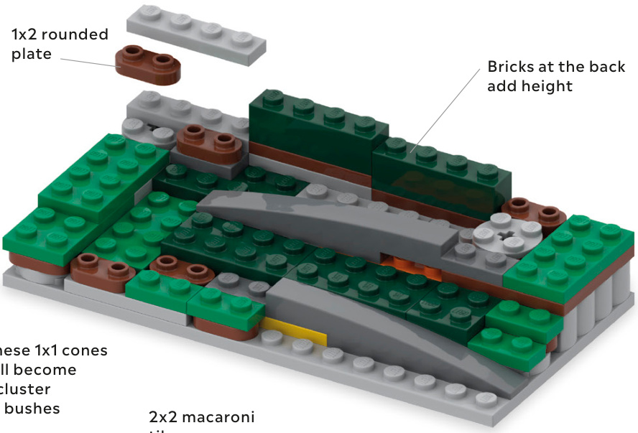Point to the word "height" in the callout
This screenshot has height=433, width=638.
549,86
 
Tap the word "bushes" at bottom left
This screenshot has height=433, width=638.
36,409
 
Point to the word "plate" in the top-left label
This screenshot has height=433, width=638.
32,54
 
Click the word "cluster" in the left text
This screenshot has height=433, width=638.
26,389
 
